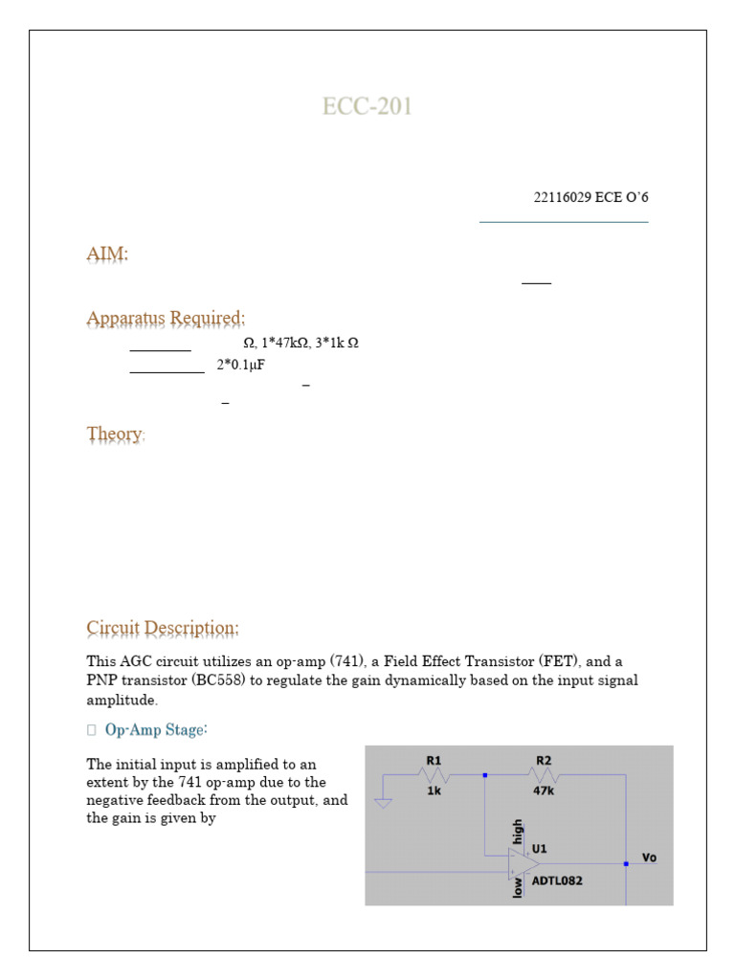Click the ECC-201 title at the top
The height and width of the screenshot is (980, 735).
367,106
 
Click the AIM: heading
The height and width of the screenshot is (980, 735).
107,255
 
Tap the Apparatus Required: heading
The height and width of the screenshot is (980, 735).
166,318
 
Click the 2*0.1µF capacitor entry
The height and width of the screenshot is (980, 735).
240,365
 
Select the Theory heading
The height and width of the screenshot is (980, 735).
114,434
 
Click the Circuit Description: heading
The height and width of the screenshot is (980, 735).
163,628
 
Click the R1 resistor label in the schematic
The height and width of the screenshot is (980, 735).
434,761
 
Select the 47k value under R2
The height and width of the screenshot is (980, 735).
545,791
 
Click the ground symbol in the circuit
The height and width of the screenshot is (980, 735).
383,802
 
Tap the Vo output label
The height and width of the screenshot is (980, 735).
649,857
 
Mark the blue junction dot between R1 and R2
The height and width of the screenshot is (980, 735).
486,775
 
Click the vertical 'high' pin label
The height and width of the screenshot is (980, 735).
518,831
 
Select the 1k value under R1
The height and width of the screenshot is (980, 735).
434,791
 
